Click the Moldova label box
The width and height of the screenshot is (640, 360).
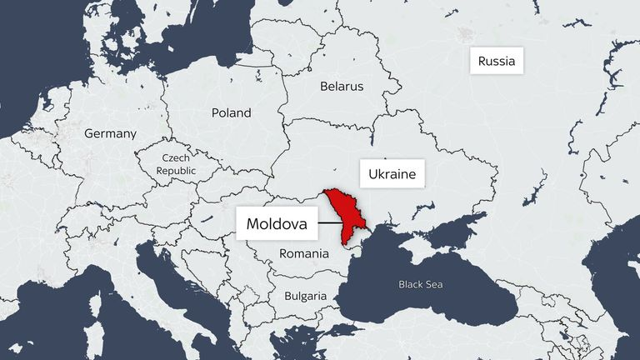point(277,224)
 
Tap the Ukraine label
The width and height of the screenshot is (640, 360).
point(392,176)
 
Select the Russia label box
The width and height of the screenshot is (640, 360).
point(497,61)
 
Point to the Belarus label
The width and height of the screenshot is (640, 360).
point(342,86)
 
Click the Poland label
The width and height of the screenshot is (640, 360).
point(231,112)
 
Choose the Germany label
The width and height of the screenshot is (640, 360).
point(109,133)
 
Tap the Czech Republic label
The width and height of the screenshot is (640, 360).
point(177,164)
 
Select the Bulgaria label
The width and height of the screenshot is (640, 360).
point(305,295)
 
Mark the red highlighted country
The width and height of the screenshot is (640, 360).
point(342,212)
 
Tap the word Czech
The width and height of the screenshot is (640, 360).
point(177,158)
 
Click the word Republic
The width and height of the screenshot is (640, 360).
point(177,170)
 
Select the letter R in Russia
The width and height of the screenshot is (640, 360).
point(482,61)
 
